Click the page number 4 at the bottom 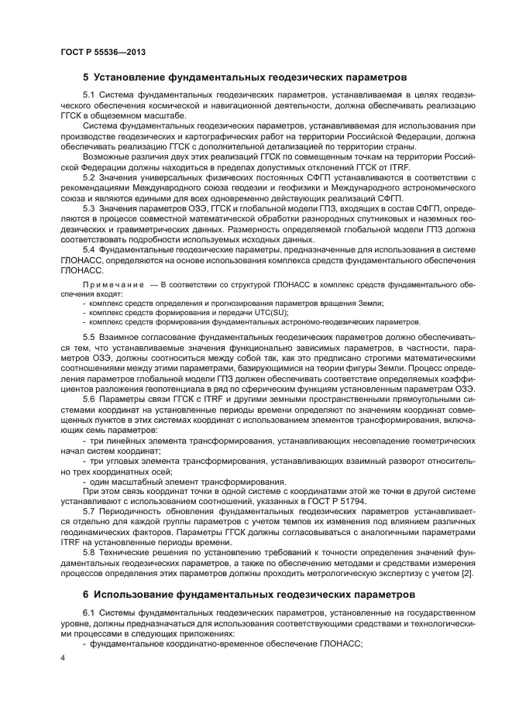pos(63,657)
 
